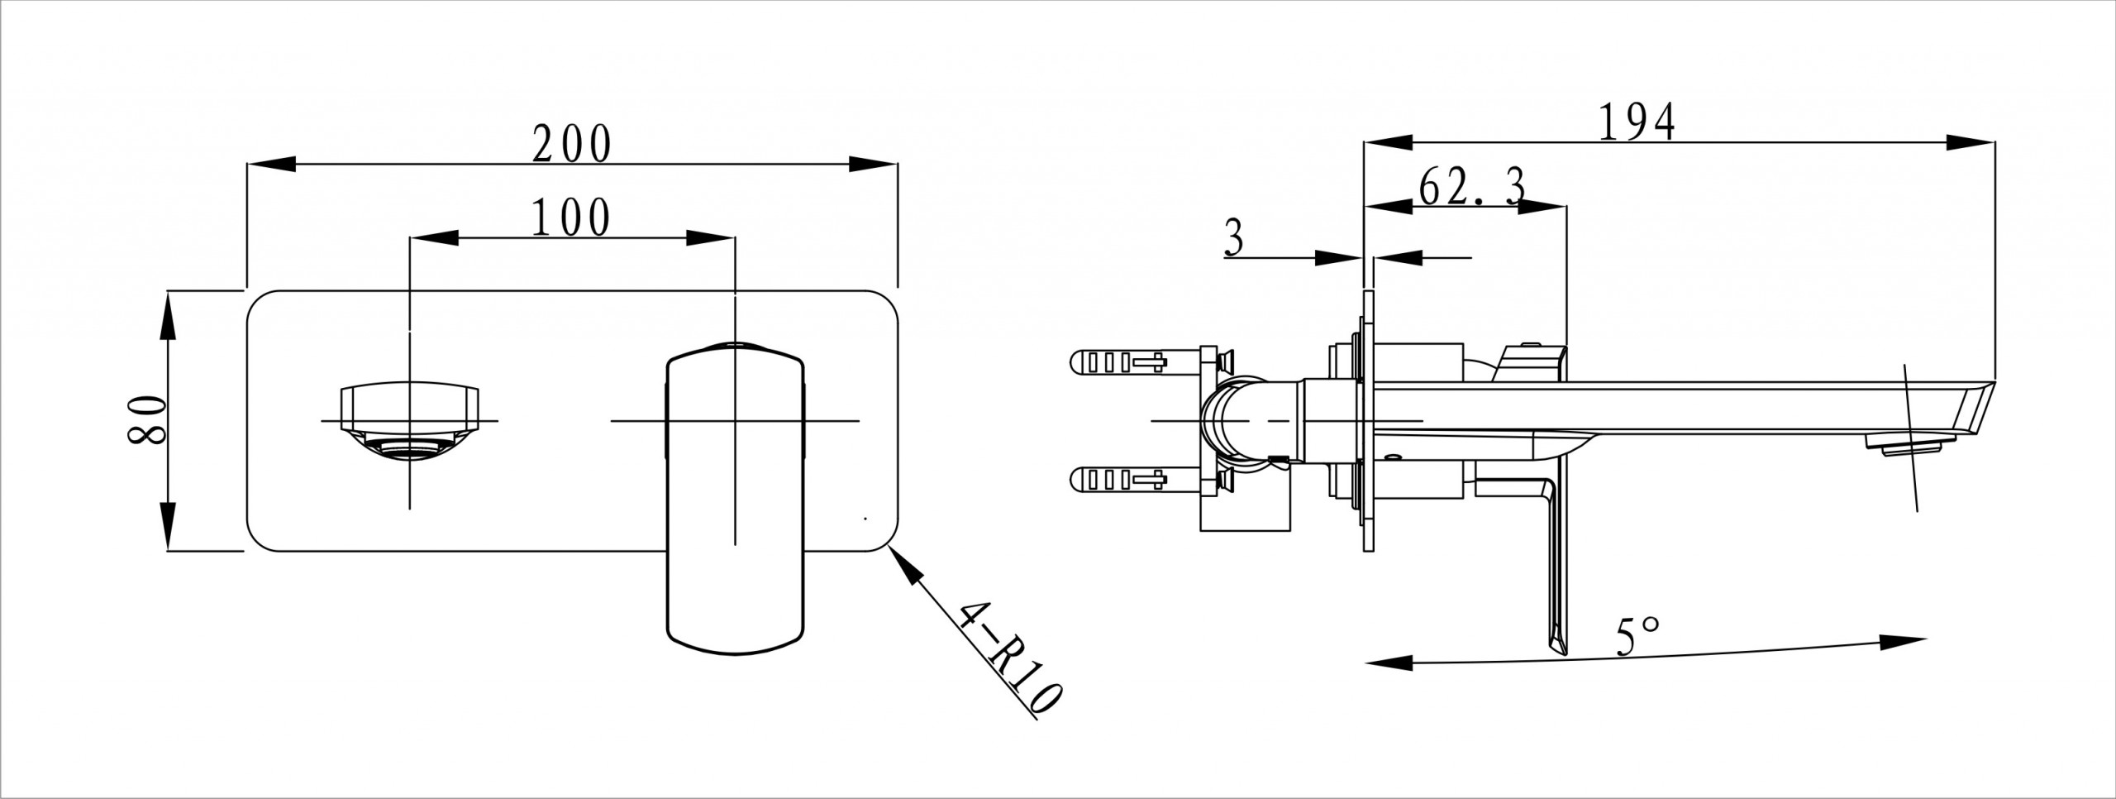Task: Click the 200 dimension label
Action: [571, 146]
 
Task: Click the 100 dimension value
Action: [570, 218]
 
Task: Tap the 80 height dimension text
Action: [148, 422]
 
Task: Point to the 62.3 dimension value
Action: [1471, 189]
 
